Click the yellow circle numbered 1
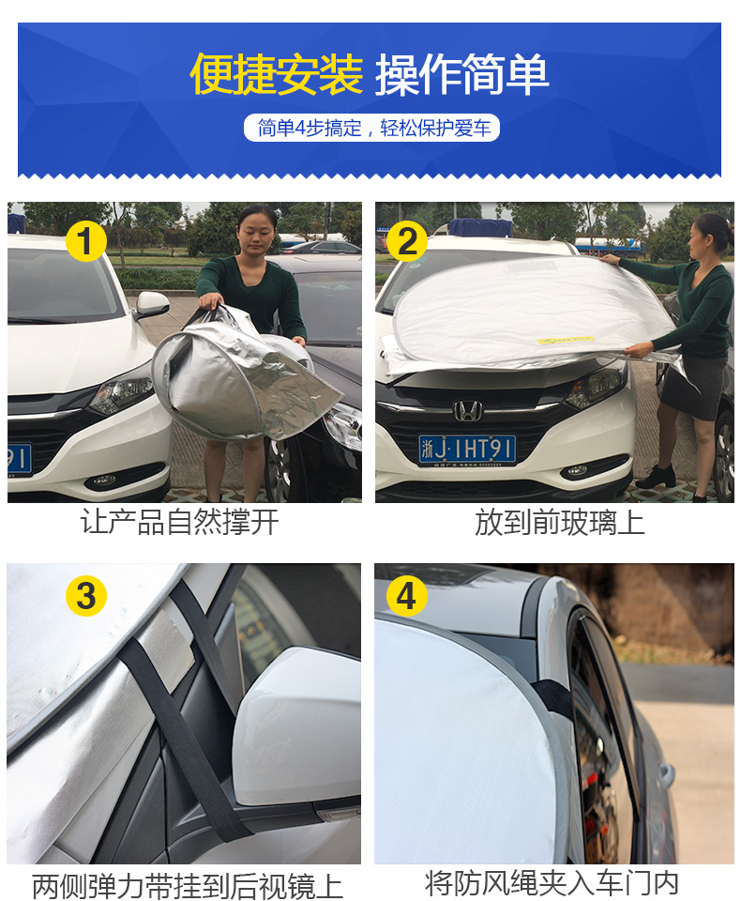(x=86, y=241)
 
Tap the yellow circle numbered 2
(x=407, y=241)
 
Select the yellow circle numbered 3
(x=86, y=596)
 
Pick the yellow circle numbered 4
(x=406, y=596)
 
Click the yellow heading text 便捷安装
(x=277, y=74)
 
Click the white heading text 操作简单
(x=461, y=74)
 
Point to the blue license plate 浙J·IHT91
(x=467, y=450)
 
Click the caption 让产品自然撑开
(x=180, y=523)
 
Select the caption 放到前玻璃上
(x=559, y=523)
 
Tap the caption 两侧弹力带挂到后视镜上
(x=188, y=885)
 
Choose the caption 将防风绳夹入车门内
(x=552, y=883)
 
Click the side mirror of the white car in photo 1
(x=152, y=304)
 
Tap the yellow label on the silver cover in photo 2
(x=565, y=340)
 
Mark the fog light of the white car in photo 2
(x=577, y=470)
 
